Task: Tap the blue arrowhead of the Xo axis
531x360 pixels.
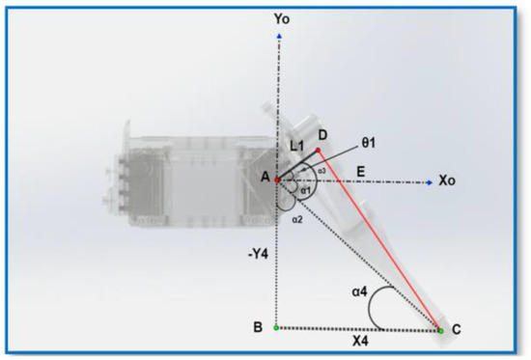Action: click(x=429, y=180)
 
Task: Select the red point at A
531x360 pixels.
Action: click(x=278, y=180)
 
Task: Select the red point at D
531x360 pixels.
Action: click(x=320, y=151)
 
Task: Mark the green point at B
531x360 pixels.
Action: click(x=278, y=328)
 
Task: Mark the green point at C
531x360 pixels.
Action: click(x=441, y=330)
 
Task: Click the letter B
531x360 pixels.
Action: click(x=258, y=328)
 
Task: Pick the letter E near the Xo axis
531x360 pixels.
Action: click(x=359, y=169)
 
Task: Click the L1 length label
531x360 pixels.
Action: click(x=297, y=145)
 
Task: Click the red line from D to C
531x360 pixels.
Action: click(x=381, y=241)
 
